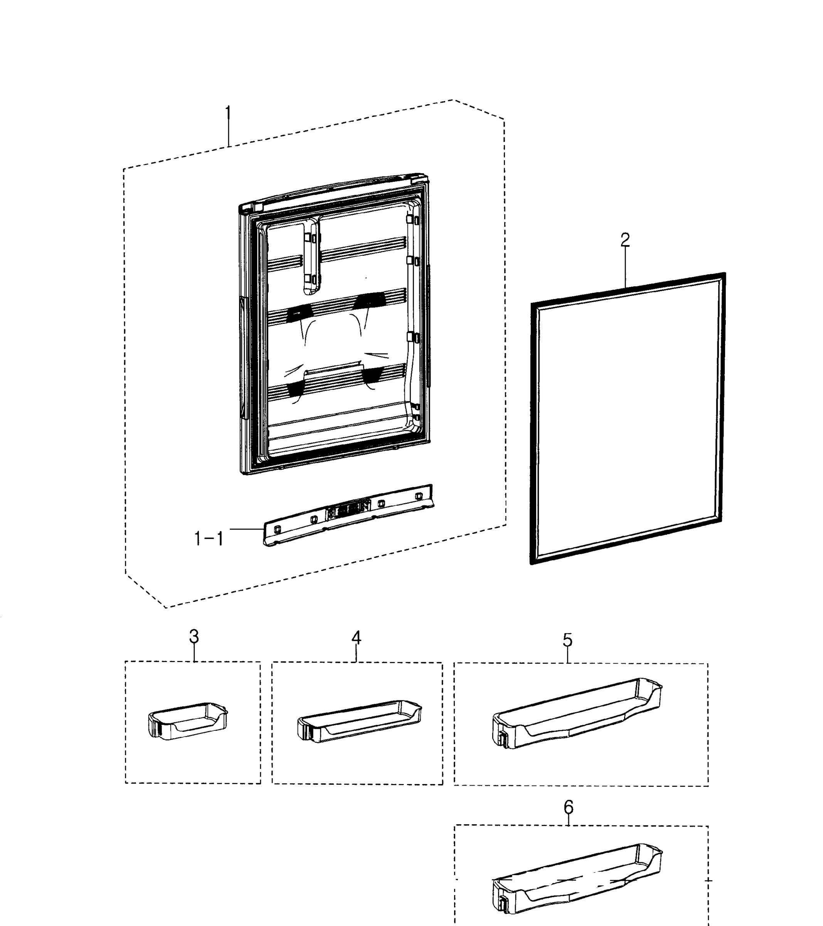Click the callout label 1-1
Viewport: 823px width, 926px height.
(209, 539)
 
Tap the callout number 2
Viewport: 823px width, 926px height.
(625, 239)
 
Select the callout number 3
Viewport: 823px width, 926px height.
(194, 637)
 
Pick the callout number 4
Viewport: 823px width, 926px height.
(356, 638)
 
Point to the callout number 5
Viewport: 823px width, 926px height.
(567, 640)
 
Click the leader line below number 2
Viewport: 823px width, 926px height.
(625, 267)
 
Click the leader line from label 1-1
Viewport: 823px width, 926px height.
(247, 529)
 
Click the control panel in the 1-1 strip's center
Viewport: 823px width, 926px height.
(348, 510)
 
